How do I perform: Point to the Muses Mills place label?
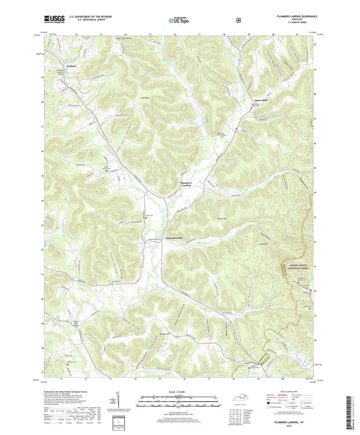click(242, 100)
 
